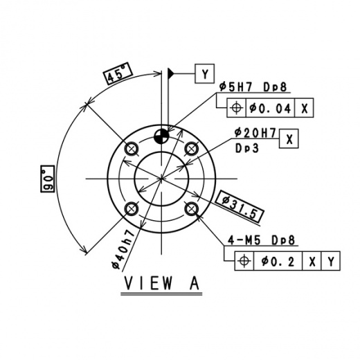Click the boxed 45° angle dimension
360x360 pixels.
[118, 73]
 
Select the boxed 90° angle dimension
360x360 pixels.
[47, 179]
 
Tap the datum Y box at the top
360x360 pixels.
[205, 73]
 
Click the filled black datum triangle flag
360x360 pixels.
[171, 74]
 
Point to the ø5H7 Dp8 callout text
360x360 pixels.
[253, 87]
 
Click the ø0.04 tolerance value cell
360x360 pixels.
[271, 108]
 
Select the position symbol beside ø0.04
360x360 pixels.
[237, 108]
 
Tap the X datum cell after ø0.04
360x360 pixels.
[304, 108]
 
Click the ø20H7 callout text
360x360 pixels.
[255, 133]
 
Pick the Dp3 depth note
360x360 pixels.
[247, 148]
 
